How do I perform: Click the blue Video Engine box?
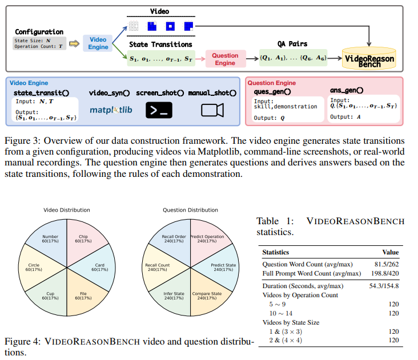click(x=98, y=43)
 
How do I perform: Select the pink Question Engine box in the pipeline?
click(x=224, y=59)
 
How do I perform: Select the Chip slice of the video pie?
click(x=84, y=239)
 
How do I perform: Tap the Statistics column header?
click(x=275, y=252)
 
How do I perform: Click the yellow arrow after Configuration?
click(x=74, y=43)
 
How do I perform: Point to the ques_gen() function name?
click(x=272, y=91)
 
